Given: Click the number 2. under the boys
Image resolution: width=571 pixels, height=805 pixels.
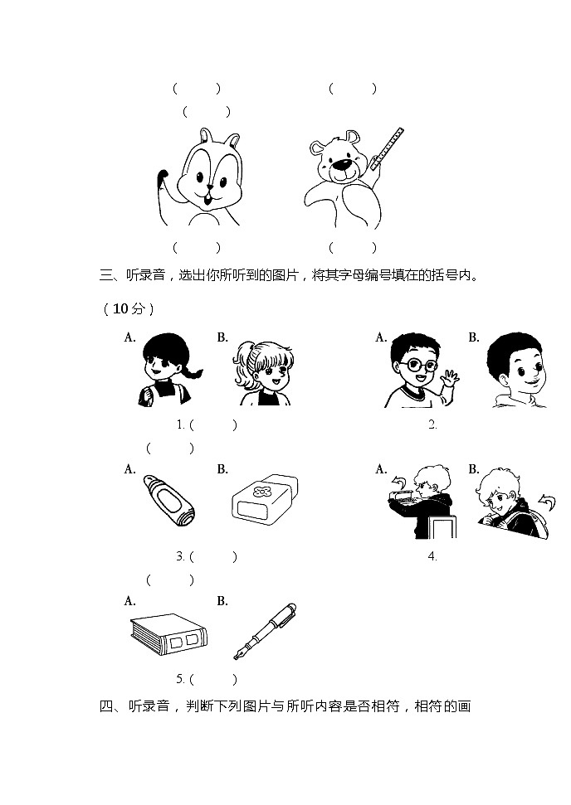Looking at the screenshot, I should pyautogui.click(x=432, y=425).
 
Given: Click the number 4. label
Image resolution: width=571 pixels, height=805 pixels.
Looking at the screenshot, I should pyautogui.click(x=432, y=556).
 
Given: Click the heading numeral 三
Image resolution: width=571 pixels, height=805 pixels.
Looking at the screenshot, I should pyautogui.click(x=105, y=275).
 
